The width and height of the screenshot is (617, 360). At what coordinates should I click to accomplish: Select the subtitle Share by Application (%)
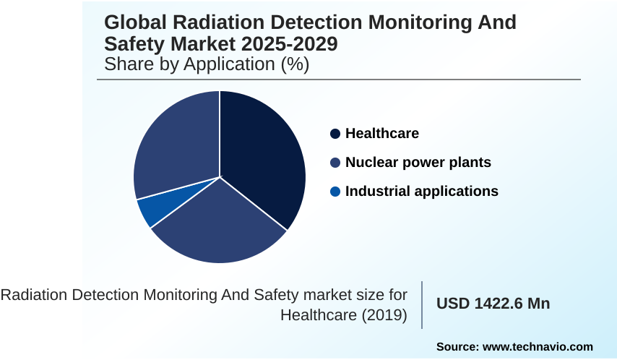click(x=207, y=64)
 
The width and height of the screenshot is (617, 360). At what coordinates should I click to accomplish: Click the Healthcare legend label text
click(x=381, y=134)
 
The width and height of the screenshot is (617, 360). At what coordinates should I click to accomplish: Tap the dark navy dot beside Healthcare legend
click(x=335, y=134)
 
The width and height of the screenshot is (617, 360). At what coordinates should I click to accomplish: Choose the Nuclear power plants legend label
click(x=418, y=163)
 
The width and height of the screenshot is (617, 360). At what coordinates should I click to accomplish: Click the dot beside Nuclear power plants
click(x=335, y=163)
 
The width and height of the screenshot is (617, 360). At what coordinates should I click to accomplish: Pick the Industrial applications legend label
click(x=421, y=192)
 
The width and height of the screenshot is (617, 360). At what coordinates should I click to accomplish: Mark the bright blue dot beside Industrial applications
click(x=335, y=192)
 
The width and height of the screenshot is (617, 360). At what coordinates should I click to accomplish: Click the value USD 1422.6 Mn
click(x=493, y=304)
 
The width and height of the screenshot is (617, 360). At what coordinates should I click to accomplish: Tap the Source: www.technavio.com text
click(x=514, y=346)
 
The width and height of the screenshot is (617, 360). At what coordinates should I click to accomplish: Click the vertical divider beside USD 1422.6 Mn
click(x=422, y=304)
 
